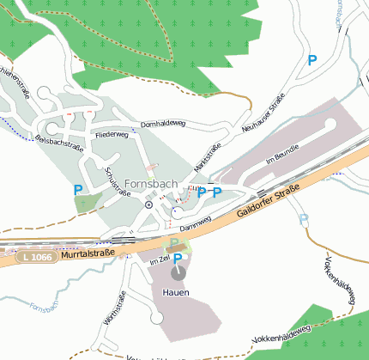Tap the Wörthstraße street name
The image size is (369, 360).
click(x=114, y=308)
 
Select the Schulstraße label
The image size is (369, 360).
click(x=118, y=181)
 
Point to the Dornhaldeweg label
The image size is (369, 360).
click(x=163, y=125)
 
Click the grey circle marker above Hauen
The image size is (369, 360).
click(x=178, y=273)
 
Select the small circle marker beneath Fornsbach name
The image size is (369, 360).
click(x=148, y=204)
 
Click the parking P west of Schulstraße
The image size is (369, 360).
click(x=78, y=190)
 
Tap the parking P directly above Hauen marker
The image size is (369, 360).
click(x=178, y=259)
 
